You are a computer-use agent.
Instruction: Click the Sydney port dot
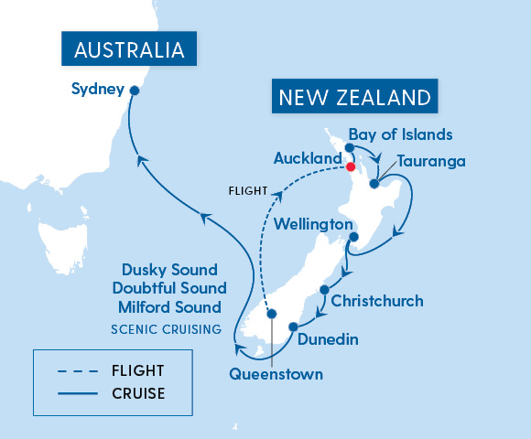(x=135, y=90)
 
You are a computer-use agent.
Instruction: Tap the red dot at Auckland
(x=351, y=166)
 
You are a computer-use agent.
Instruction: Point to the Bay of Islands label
(x=400, y=135)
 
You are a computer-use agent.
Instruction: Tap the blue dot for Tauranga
(x=374, y=184)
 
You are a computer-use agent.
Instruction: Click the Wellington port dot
(x=352, y=238)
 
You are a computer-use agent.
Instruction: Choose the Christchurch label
(x=377, y=300)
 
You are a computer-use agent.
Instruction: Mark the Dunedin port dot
(x=293, y=327)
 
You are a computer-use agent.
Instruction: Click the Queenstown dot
(x=271, y=314)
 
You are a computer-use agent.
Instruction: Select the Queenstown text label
(x=276, y=374)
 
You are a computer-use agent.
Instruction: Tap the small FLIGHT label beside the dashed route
(x=248, y=191)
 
